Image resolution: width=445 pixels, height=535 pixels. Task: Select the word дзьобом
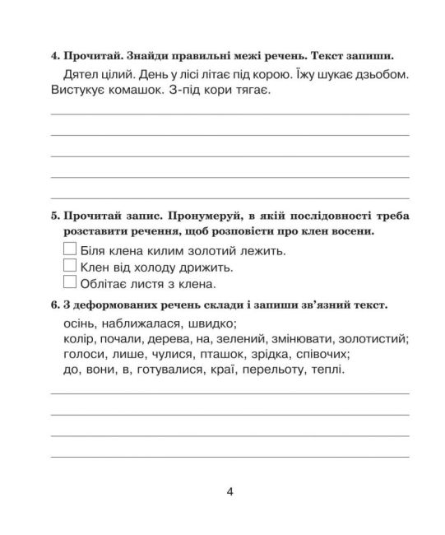385,76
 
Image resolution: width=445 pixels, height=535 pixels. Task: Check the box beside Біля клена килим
70,249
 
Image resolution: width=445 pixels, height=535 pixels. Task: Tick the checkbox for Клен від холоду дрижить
70,267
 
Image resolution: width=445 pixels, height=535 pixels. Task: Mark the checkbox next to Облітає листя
70,284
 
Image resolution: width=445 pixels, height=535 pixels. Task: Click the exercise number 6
53,305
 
